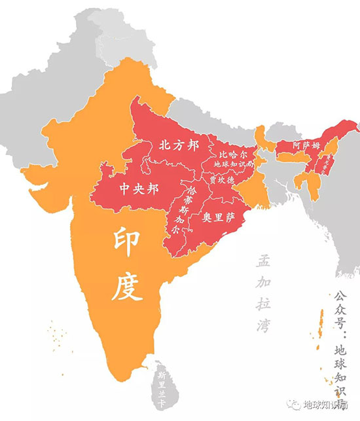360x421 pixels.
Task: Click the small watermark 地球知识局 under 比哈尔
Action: pos(231,164)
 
